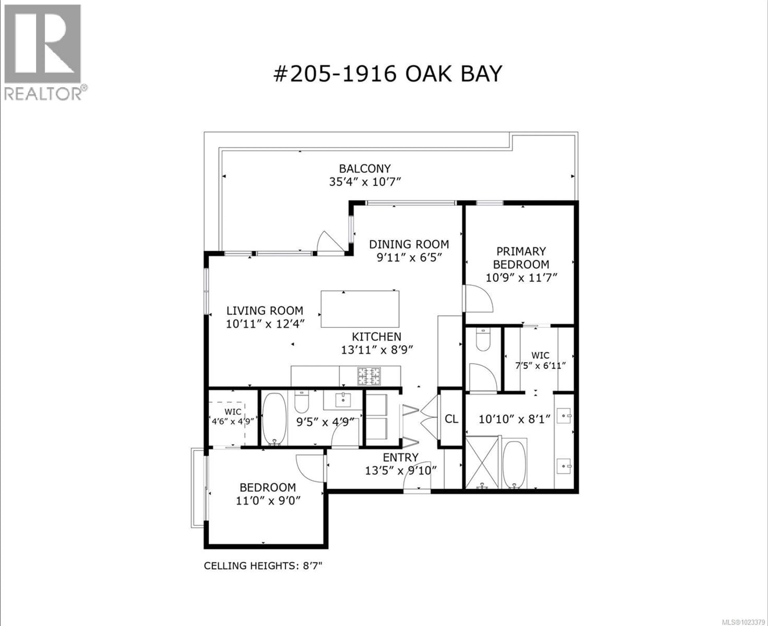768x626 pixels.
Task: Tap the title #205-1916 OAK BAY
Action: coord(388,74)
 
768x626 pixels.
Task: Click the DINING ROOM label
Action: coord(409,244)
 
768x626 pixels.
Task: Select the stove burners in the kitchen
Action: coord(369,376)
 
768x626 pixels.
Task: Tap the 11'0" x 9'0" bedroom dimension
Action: coord(268,501)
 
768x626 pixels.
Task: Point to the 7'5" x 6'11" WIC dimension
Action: coord(540,366)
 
